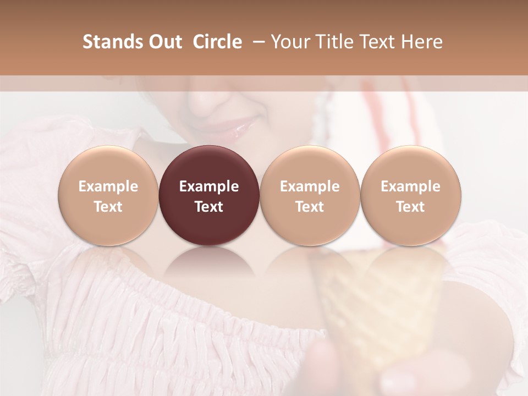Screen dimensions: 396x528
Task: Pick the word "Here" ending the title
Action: click(422, 42)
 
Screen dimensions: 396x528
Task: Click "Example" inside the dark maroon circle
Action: click(209, 186)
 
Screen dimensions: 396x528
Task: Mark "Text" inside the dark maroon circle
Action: click(209, 207)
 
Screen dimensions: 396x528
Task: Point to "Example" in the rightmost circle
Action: click(411, 186)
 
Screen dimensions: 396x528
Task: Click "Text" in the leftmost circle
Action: click(108, 207)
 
